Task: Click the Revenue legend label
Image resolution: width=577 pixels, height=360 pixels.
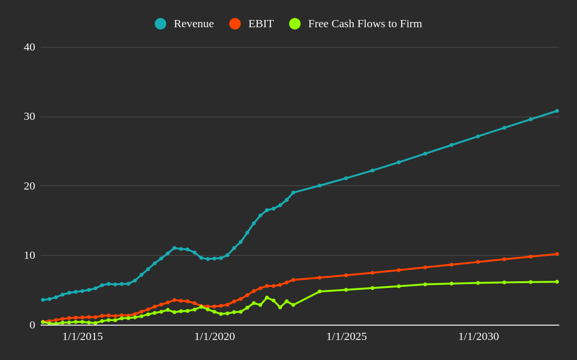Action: coord(193,23)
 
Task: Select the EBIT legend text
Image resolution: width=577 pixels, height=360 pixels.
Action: coord(261,23)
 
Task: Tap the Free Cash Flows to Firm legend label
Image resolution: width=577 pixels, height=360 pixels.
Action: coord(365,23)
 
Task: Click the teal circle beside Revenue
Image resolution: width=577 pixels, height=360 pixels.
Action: coord(160,24)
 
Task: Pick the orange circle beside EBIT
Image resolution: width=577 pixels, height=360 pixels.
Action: coord(235,24)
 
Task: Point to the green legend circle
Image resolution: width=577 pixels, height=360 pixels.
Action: coord(295,24)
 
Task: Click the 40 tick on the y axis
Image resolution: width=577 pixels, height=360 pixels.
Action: coord(30,47)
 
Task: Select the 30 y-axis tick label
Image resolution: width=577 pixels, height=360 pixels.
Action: coord(30,116)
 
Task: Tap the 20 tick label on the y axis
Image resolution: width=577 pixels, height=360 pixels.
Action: coord(30,186)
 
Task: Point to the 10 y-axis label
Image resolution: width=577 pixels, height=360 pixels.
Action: coord(30,255)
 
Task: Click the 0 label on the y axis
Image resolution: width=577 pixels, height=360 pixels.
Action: coord(32,325)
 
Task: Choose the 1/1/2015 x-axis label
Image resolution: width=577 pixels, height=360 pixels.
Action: coord(83,337)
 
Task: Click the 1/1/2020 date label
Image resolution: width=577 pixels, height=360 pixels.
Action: coord(214,337)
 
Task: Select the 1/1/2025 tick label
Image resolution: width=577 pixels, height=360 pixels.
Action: coord(346,337)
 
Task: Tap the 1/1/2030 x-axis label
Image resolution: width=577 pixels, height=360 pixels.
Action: coord(478,337)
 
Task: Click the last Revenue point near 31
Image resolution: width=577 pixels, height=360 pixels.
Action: coord(557,111)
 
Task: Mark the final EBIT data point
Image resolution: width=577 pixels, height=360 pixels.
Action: coord(557,254)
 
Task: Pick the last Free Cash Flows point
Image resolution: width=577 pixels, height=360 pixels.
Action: coord(557,282)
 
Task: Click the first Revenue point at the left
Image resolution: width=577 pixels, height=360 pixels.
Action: coord(43,300)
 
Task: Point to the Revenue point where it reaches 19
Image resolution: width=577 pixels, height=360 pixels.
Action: coord(293,193)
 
